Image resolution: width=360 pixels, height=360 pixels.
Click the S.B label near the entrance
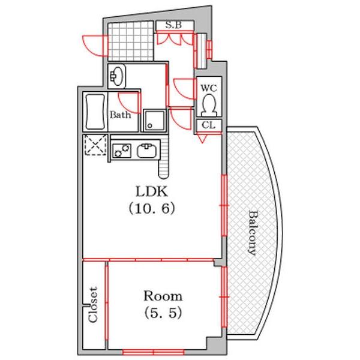click(x=174, y=25)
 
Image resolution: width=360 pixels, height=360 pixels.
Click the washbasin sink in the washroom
click(x=118, y=76)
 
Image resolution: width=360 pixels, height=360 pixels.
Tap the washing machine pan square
click(x=153, y=119)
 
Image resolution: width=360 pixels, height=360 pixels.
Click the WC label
click(x=208, y=88)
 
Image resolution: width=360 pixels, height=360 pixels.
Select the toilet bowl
click(x=209, y=106)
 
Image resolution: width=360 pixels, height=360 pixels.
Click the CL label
click(x=208, y=125)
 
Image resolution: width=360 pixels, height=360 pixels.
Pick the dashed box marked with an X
click(x=94, y=146)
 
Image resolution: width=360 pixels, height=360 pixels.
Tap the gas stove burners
click(x=122, y=149)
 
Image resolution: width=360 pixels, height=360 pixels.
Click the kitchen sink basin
click(x=146, y=150)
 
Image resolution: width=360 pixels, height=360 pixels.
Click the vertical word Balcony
click(x=252, y=233)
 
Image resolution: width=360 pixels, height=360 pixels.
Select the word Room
click(x=162, y=296)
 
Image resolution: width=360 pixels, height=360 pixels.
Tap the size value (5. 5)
click(x=162, y=313)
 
